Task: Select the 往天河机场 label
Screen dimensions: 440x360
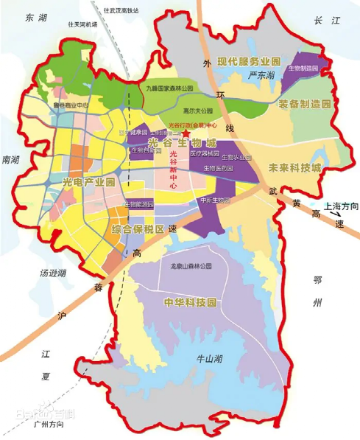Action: (82, 24)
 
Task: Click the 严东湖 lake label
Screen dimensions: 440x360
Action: (261, 75)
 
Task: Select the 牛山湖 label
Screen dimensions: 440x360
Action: (208, 359)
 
